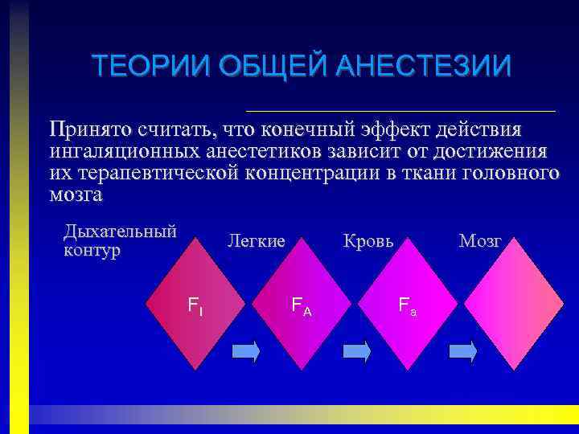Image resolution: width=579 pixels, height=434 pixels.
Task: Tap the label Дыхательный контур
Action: [x=119, y=240]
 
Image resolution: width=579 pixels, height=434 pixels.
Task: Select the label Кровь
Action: [x=368, y=241]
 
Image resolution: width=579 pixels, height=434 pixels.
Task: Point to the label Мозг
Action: [x=480, y=241]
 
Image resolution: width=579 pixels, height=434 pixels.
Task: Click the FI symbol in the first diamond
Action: [x=194, y=305]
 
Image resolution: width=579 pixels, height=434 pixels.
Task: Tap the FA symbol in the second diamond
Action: [x=301, y=305]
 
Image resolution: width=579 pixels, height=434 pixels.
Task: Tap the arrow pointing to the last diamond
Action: [x=463, y=351]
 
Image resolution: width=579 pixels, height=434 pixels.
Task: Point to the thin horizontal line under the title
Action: [x=400, y=110]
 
